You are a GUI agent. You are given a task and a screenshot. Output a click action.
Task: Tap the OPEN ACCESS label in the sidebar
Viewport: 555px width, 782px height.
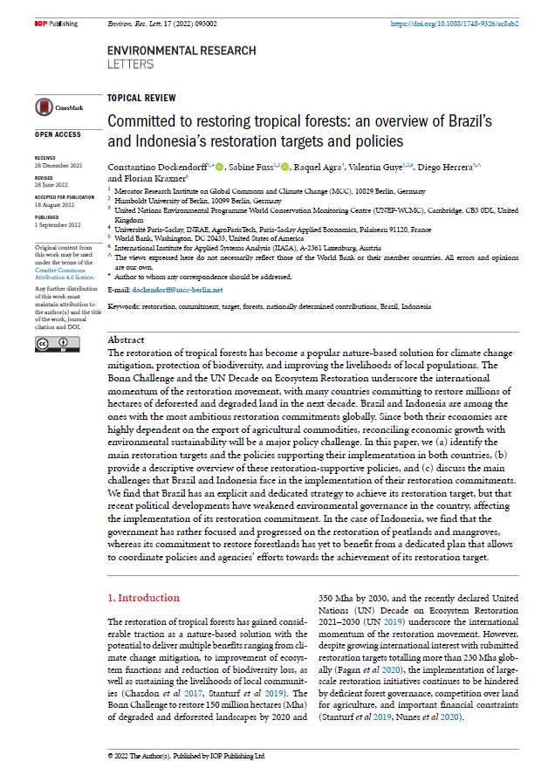click(x=58, y=135)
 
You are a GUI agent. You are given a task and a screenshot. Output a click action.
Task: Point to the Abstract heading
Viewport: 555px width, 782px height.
click(x=127, y=339)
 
